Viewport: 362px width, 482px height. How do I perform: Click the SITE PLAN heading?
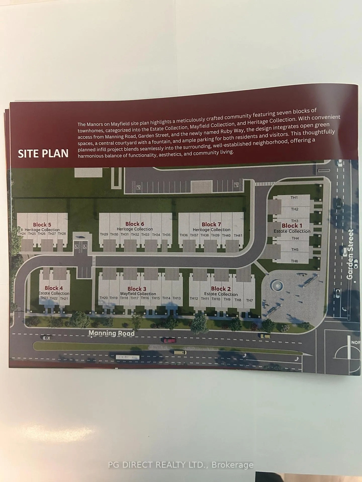tap(43, 153)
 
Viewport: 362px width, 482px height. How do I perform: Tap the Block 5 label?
tap(42, 224)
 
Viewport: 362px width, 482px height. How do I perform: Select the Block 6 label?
tap(135, 224)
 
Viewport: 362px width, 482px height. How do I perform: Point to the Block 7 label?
tap(211, 224)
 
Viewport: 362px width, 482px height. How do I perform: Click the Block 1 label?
tap(292, 225)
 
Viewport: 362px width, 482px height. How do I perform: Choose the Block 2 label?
tap(221, 289)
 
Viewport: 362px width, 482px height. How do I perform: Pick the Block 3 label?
tap(137, 289)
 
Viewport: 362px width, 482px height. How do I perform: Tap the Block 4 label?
tap(54, 288)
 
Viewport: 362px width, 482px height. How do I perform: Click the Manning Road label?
tap(112, 333)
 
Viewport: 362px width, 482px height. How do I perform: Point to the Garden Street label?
tap(350, 254)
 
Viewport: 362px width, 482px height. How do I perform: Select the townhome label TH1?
tap(294, 198)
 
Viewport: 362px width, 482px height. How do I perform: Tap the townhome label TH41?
tap(238, 235)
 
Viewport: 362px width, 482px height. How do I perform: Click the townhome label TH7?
tap(249, 300)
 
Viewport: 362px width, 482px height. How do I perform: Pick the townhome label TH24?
tap(22, 233)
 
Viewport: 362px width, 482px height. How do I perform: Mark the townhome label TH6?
tap(294, 261)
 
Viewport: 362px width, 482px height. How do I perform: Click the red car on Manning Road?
tap(170, 340)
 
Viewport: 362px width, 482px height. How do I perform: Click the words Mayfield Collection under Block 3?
tap(138, 293)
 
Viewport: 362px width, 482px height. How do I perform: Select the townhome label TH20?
tap(104, 298)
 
